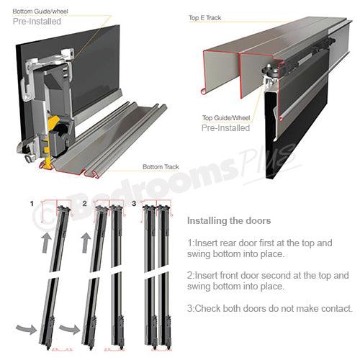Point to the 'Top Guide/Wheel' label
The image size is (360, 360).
pos(226,117)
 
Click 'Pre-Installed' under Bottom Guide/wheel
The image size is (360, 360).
pos(37,22)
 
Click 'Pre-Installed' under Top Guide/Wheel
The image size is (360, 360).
pos(226,128)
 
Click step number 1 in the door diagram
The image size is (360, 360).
pos(32,204)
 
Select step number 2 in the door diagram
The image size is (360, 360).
pos(84,204)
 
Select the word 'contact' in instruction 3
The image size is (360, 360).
pos(333,309)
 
